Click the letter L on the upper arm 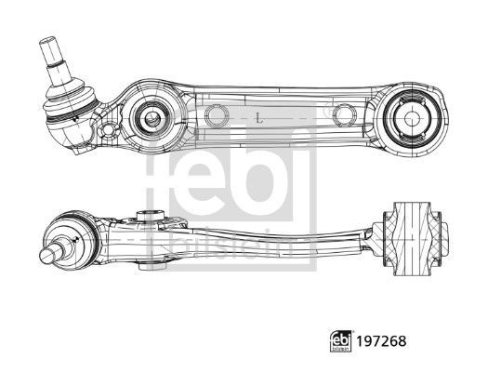(x=258, y=119)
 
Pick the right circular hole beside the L (x=345, y=115)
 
